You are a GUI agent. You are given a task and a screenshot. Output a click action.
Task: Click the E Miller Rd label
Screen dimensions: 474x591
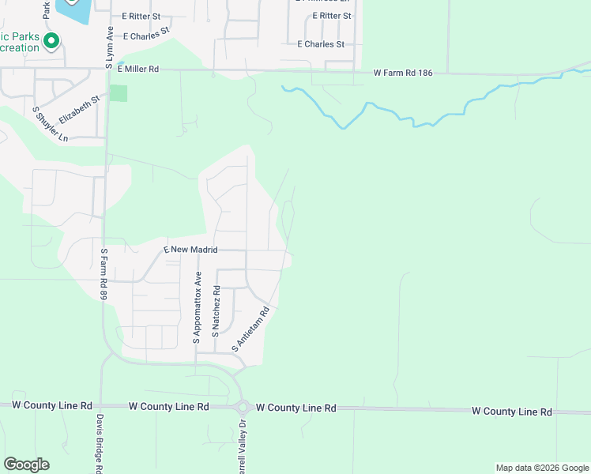click(138, 70)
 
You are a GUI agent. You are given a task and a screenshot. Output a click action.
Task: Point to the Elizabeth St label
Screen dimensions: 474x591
click(79, 107)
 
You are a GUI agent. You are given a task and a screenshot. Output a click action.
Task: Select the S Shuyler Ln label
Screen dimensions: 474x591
click(50, 125)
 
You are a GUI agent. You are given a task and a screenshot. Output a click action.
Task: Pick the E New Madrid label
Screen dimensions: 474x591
click(190, 250)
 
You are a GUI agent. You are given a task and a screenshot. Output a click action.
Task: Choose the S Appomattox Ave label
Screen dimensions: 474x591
click(198, 308)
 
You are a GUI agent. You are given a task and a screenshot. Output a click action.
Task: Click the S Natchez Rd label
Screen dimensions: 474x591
click(216, 313)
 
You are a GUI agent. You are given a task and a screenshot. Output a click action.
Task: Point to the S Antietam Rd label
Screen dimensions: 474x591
click(251, 329)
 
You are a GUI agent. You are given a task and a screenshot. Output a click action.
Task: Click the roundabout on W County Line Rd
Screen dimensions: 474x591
click(243, 408)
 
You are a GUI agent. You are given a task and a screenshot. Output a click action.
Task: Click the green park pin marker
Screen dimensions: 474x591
click(52, 40)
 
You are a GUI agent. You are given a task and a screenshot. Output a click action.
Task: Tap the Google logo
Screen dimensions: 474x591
click(26, 465)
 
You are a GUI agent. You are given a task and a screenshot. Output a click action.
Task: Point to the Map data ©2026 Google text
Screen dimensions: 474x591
click(542, 468)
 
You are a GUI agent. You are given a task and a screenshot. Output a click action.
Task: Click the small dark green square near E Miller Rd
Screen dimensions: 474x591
click(119, 92)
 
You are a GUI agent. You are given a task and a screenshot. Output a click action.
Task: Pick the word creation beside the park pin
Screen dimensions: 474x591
click(19, 48)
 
